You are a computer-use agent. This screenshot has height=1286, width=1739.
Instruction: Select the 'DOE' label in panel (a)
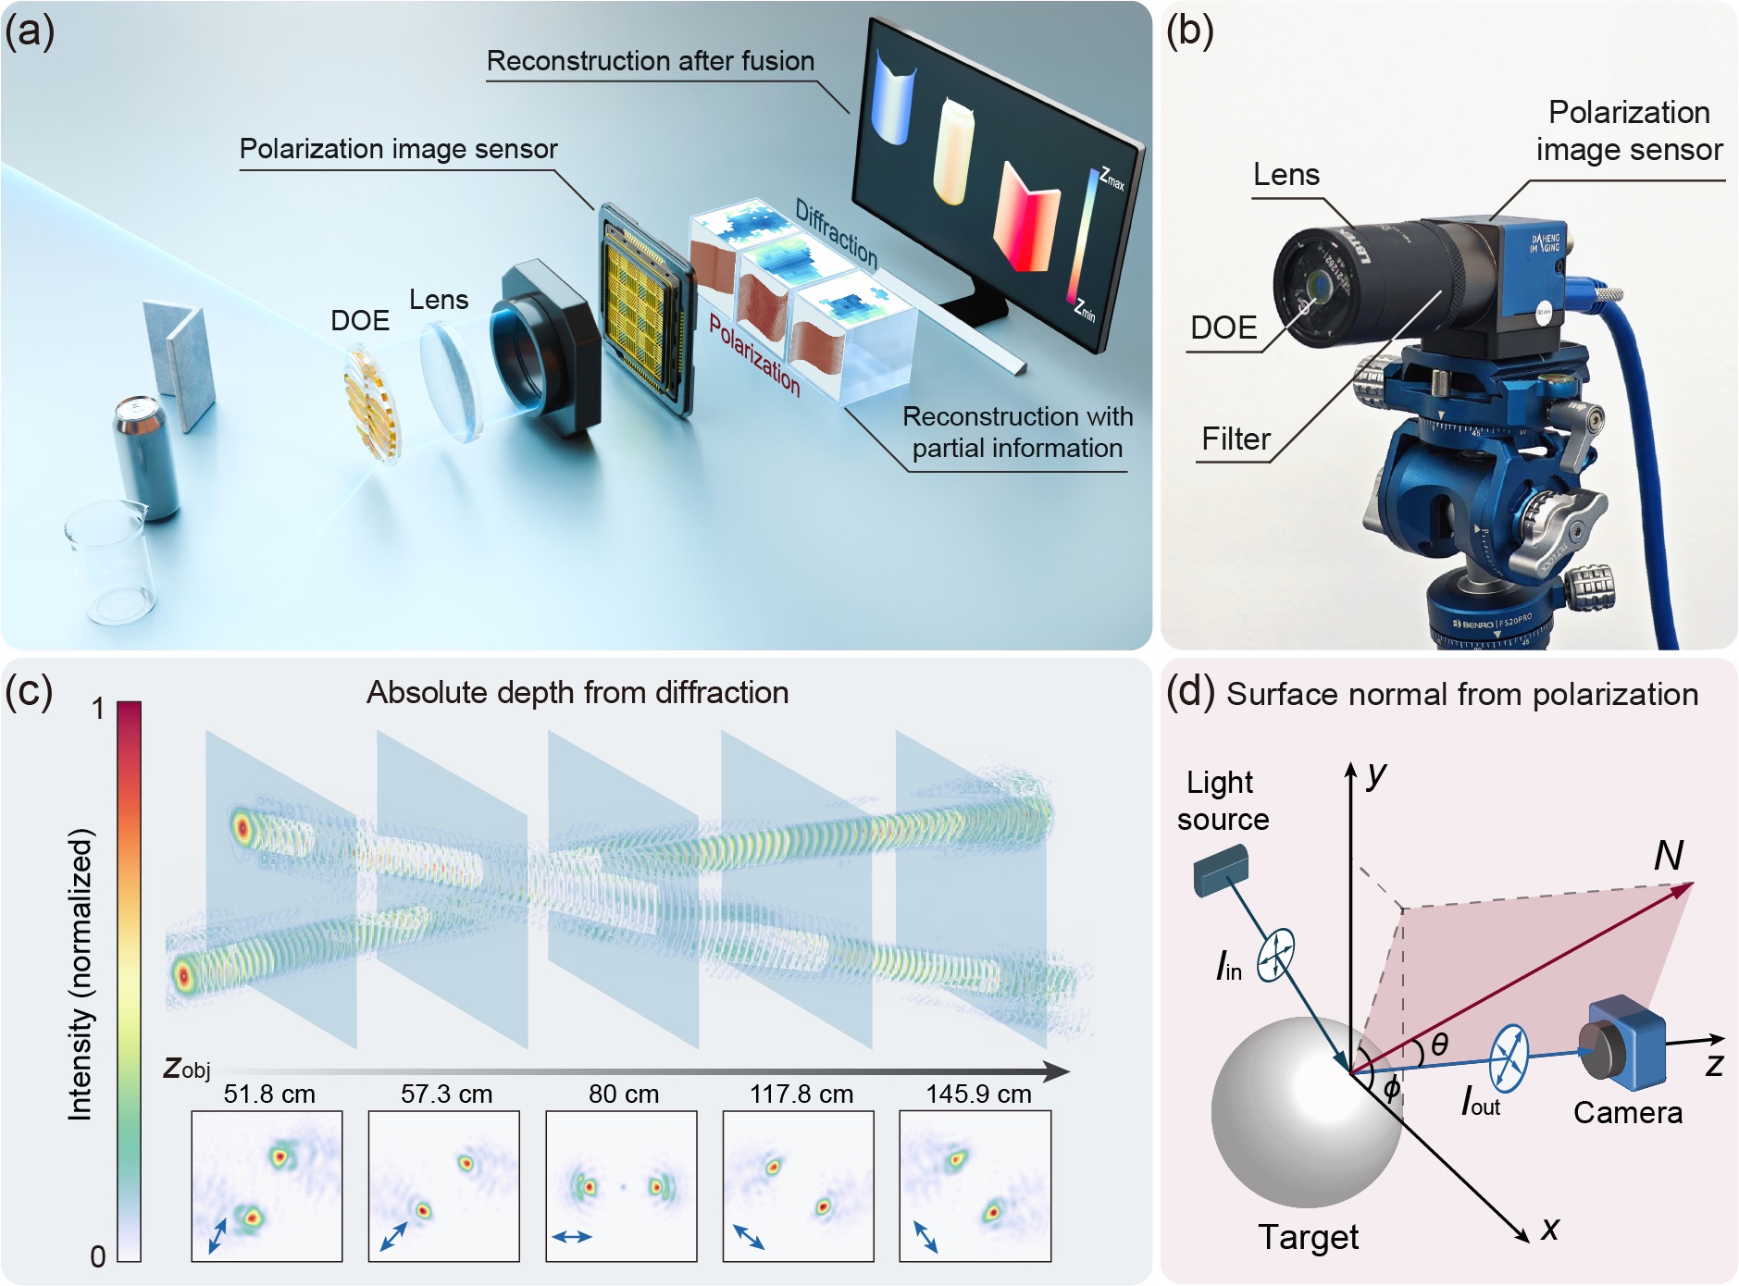click(x=360, y=321)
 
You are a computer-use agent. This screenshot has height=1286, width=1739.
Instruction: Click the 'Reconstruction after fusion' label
click(x=651, y=61)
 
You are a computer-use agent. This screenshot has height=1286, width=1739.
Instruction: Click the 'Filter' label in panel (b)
click(x=1236, y=439)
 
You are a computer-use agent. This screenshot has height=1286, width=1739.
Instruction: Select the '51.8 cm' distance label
click(x=269, y=1094)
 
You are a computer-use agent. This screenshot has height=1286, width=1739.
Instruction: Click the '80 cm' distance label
click(x=624, y=1094)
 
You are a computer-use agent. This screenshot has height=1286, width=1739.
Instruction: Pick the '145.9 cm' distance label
click(x=978, y=1094)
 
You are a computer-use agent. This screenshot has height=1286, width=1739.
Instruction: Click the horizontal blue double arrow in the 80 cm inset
click(x=572, y=1236)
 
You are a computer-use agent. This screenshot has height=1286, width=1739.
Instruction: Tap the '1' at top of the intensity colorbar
click(x=98, y=710)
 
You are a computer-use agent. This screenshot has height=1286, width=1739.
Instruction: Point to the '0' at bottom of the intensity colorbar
click(x=98, y=1256)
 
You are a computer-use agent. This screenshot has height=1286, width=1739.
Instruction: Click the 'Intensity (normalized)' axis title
click(x=81, y=974)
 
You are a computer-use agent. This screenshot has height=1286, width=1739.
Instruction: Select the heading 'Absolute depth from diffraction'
click(x=578, y=693)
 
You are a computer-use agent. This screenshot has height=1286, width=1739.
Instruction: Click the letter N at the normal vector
click(x=1668, y=856)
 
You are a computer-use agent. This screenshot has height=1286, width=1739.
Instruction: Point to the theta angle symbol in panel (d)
click(x=1439, y=1045)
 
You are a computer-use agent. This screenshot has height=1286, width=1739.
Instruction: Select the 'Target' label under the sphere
click(x=1308, y=1237)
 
